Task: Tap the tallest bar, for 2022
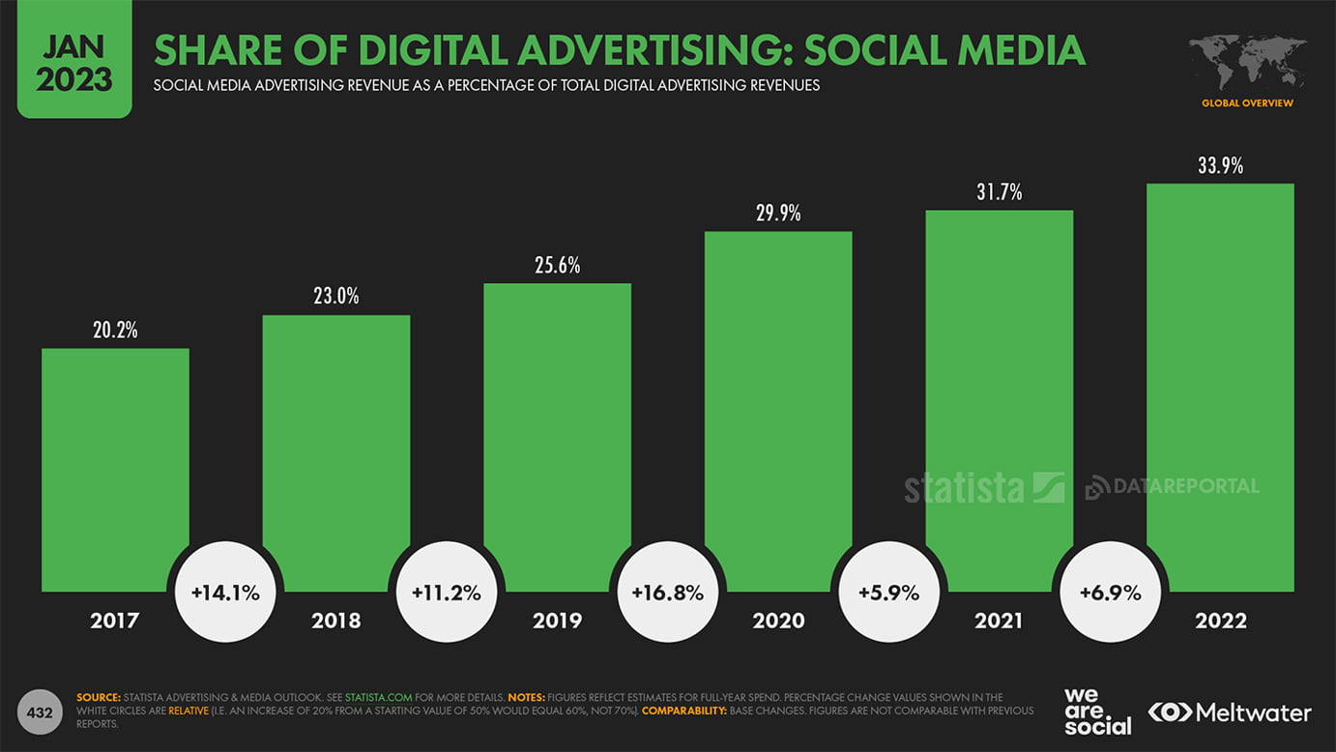[1220, 387]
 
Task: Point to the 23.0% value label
[335, 297]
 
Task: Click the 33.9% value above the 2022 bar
[1220, 166]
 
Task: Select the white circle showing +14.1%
[225, 593]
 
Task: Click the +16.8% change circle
[667, 593]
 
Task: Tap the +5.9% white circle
[888, 593]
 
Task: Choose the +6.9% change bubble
[1110, 593]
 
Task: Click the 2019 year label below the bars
[557, 621]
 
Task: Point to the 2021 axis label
[999, 621]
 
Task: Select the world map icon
[1247, 64]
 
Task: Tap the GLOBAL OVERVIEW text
[1247, 103]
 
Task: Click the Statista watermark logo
[983, 487]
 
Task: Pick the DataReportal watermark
[1172, 486]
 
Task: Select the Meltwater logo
[1230, 712]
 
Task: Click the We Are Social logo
[1097, 711]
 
